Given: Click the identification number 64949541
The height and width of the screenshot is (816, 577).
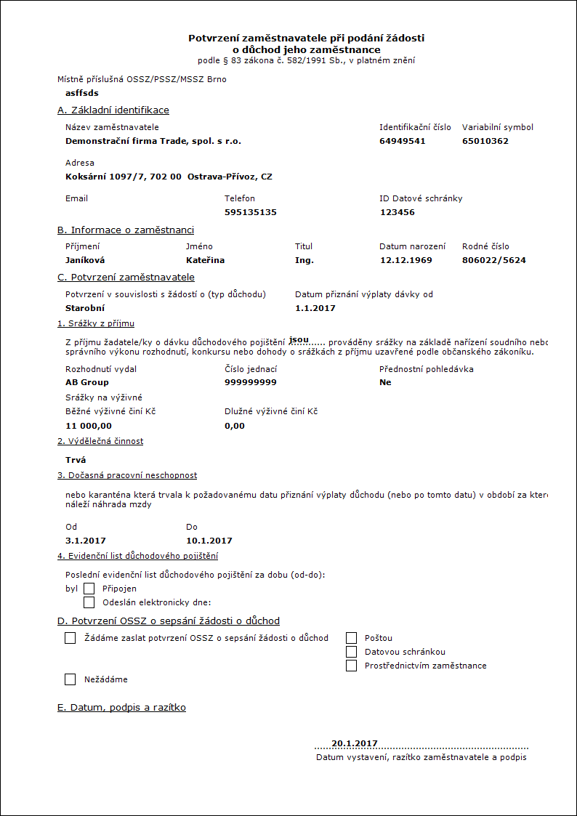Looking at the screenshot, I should pos(402,141).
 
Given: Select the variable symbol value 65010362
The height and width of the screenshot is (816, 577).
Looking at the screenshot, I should pos(485,141).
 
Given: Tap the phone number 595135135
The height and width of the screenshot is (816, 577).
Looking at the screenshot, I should pos(251,212).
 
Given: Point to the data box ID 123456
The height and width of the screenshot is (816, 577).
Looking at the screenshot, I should pos(398,212).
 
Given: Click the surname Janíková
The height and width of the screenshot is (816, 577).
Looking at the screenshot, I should pos(86,260).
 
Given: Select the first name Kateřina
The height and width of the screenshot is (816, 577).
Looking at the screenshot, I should pos(205,260).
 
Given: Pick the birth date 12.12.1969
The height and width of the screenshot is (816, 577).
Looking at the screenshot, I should pos(405,260).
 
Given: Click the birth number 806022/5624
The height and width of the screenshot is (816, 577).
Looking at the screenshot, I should pos(493,260).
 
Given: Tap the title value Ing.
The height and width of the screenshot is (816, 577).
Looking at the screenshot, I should pos(304,260).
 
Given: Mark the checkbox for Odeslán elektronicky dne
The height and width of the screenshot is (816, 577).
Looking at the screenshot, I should pos(89,602).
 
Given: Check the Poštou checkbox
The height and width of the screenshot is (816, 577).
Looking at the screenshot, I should pos(352,638).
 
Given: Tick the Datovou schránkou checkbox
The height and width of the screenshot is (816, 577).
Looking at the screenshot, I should pos(352,652).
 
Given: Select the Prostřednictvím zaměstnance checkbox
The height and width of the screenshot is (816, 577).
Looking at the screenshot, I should pos(352,666).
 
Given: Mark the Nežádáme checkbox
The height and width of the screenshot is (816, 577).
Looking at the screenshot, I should pos(70,679).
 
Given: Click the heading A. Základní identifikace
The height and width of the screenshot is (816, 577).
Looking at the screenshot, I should pos(113,110).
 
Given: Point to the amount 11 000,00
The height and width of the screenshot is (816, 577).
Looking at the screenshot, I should pos(89,426).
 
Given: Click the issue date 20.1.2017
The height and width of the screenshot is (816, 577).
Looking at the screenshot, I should pos(355,743).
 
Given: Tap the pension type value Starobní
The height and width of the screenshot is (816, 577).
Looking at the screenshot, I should pos(85,308).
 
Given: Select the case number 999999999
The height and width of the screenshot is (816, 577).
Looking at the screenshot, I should pos(250,382).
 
